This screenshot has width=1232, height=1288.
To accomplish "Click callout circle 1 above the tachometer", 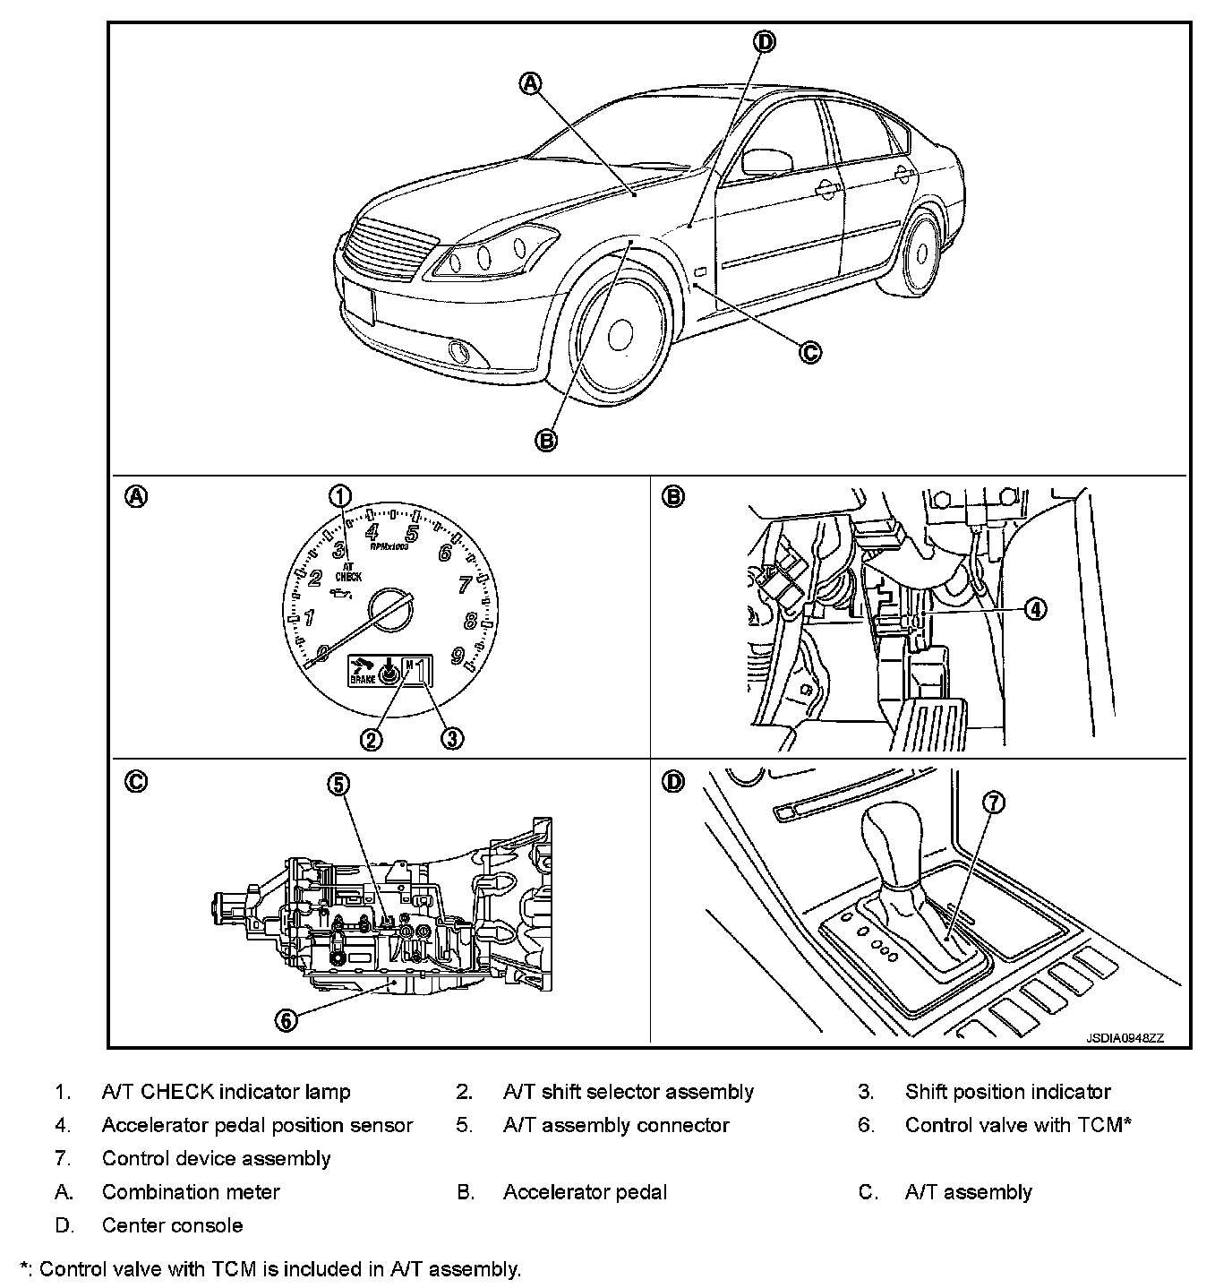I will (340, 494).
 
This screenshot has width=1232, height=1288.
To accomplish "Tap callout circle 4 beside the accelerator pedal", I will (1034, 609).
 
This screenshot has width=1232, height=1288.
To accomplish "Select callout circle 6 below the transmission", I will (287, 1020).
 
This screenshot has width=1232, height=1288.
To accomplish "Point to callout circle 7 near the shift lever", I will (993, 803).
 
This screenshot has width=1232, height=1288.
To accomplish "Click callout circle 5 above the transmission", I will (337, 784).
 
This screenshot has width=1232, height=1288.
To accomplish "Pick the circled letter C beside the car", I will (809, 352).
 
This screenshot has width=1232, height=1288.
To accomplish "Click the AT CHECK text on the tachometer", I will (348, 572).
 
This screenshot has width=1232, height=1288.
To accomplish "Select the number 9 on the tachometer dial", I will (458, 657).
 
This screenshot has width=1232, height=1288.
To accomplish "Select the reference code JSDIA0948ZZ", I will (1125, 1038).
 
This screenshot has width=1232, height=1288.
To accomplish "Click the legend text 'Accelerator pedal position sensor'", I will (257, 1125).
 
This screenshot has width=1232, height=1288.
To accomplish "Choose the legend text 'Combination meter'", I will (191, 1192).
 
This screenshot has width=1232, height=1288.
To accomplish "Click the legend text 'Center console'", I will (172, 1225).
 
